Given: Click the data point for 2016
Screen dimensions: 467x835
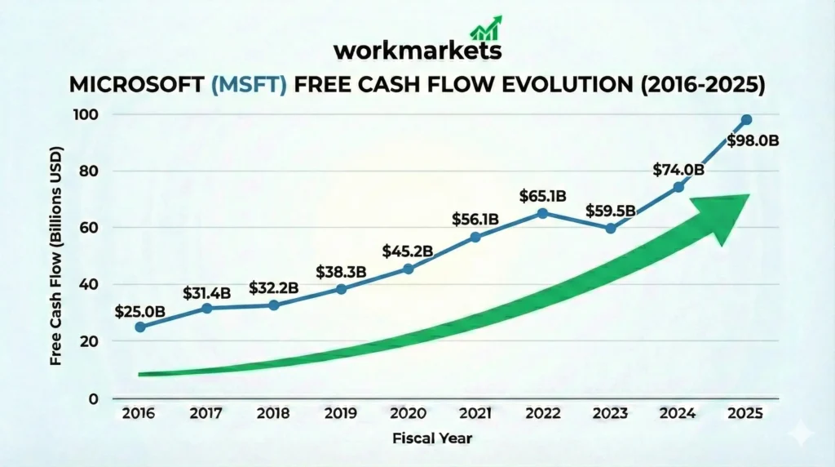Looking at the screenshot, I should [140, 327].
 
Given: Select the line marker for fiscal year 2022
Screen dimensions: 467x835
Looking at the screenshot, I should [543, 213].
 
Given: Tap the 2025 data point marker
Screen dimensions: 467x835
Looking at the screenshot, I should [746, 120].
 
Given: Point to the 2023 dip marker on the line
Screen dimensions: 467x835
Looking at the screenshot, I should [611, 228].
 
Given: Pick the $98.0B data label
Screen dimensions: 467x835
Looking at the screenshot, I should [751, 140].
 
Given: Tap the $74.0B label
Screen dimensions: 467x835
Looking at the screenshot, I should [678, 169].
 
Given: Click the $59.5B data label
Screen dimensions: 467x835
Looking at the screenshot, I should [612, 210].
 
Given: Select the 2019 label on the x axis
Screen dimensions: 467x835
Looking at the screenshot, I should [341, 414].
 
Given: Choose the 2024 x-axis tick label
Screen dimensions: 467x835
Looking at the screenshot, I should [678, 414].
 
